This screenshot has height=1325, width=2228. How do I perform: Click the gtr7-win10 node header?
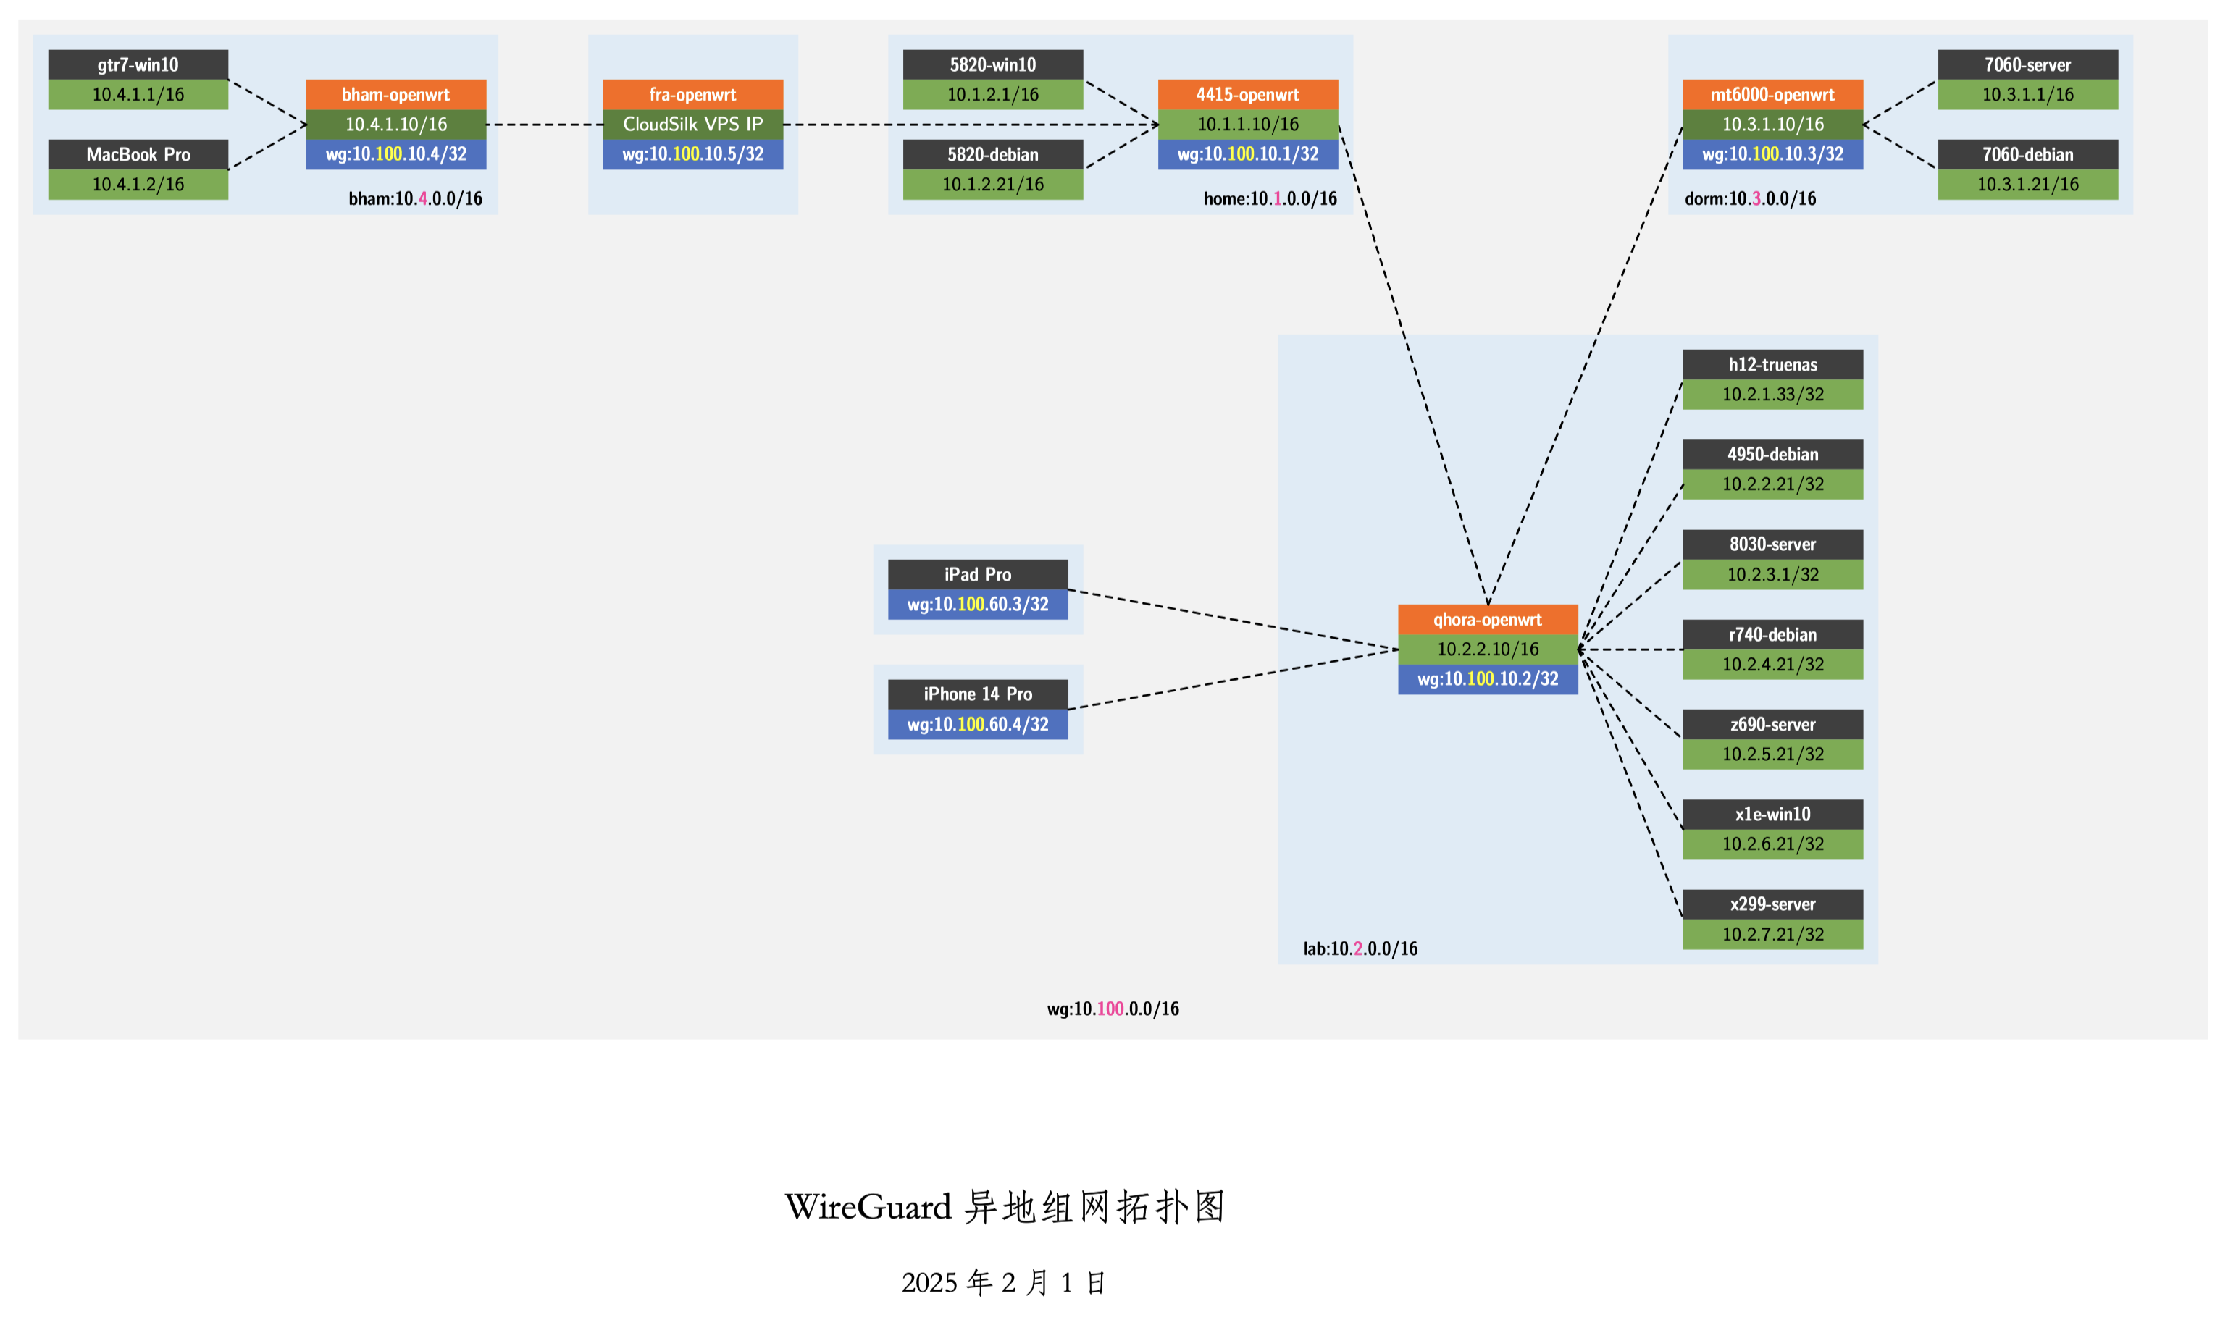click(138, 64)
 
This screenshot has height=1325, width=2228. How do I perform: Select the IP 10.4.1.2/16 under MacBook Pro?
click(138, 184)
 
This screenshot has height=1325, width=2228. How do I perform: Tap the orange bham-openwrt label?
click(395, 93)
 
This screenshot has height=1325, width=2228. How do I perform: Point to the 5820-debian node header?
click(992, 153)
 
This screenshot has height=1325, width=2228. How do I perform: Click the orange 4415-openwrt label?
click(1247, 93)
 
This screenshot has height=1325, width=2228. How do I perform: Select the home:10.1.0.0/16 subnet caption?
click(1269, 198)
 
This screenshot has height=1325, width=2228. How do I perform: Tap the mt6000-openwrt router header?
click(1772, 93)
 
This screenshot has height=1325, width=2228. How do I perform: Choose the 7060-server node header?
click(2027, 64)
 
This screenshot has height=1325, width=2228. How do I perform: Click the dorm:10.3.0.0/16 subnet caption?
click(1749, 198)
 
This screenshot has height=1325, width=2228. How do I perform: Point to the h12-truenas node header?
click(1772, 364)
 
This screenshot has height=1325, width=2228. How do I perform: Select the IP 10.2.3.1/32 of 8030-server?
click(1772, 574)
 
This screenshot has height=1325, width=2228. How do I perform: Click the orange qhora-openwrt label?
click(1487, 619)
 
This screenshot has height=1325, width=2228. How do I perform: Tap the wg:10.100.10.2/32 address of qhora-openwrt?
click(1487, 678)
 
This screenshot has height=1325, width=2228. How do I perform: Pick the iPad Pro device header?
click(977, 574)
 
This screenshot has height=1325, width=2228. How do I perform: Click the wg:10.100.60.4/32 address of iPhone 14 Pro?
click(977, 724)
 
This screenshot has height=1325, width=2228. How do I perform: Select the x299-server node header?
click(1772, 904)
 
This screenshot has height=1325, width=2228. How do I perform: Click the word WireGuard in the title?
click(867, 1207)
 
